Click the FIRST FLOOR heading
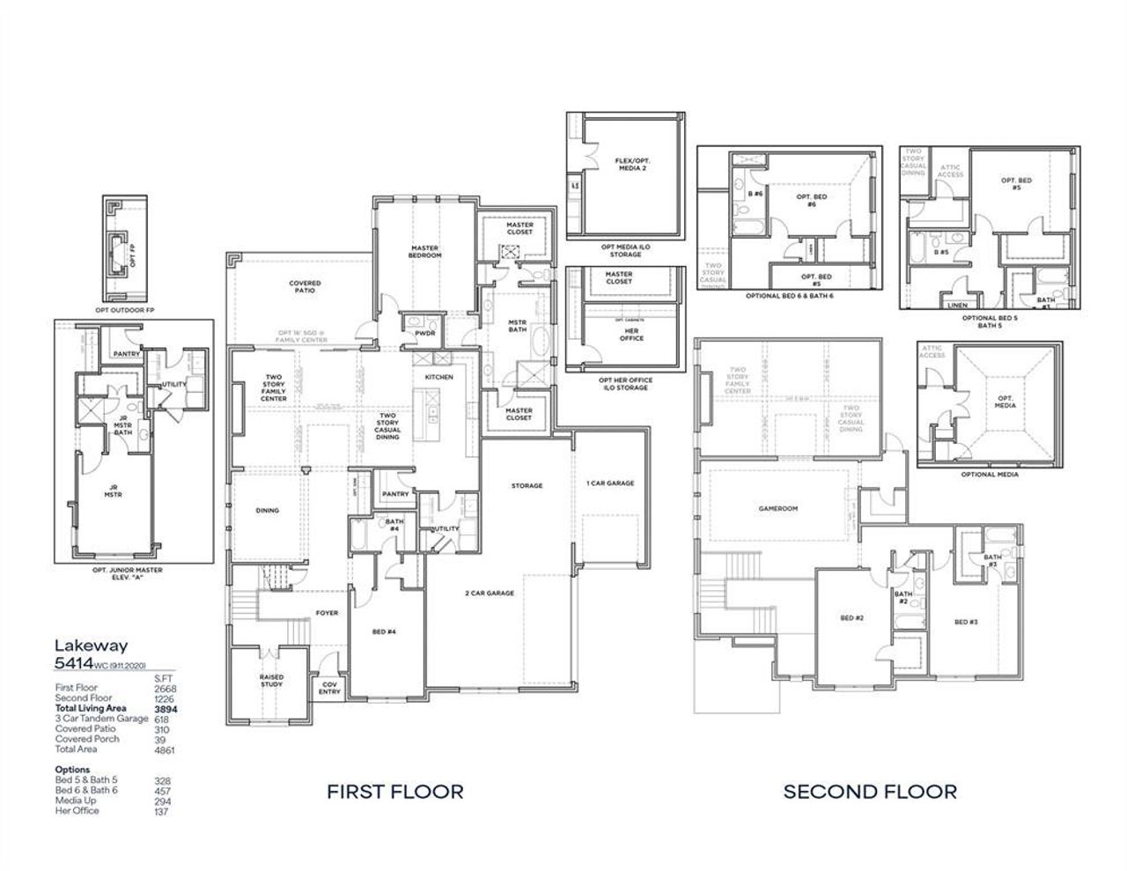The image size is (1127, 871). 394,791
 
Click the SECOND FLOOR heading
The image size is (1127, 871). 870,791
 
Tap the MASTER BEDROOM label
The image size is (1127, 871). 425,252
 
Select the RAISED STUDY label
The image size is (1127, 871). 271,681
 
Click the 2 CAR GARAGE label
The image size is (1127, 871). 490,593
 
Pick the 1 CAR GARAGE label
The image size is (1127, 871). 610,483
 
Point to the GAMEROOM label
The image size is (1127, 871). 777,508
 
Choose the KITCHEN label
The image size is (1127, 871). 438,377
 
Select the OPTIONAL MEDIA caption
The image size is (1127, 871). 990,474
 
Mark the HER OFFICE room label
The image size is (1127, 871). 631,334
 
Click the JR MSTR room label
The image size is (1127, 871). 113,491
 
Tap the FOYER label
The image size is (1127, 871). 327,613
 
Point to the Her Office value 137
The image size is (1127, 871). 161,811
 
